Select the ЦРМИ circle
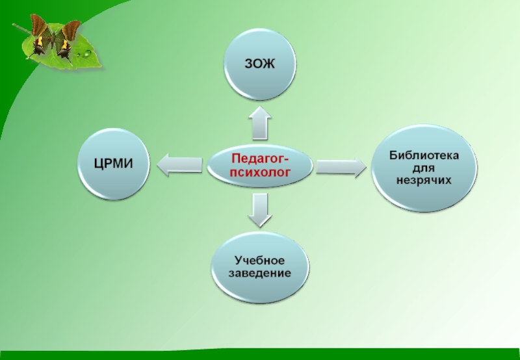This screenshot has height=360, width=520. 114,164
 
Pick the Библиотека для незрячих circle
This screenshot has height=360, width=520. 424,167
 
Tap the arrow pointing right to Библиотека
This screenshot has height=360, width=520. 341,166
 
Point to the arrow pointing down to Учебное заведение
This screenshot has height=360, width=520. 260,209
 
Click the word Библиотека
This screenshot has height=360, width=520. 424,155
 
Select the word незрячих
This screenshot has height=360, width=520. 424,179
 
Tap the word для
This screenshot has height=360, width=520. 424,167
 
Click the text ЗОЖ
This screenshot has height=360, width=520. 260,65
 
